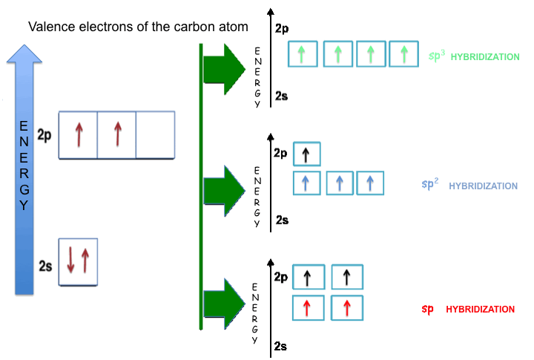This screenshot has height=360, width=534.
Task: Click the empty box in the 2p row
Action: click(155, 134)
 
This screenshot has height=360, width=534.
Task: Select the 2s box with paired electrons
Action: click(79, 262)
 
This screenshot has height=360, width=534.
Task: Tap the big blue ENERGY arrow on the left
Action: click(26, 171)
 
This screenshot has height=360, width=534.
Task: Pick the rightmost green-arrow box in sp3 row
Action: click(403, 53)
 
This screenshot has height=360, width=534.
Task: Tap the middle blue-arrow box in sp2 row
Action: click(340, 183)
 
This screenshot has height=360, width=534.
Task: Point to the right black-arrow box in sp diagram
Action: click(347, 278)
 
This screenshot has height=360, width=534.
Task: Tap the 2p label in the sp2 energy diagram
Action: click(281, 154)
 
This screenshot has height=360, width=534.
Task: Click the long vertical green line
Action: click(201, 186)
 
